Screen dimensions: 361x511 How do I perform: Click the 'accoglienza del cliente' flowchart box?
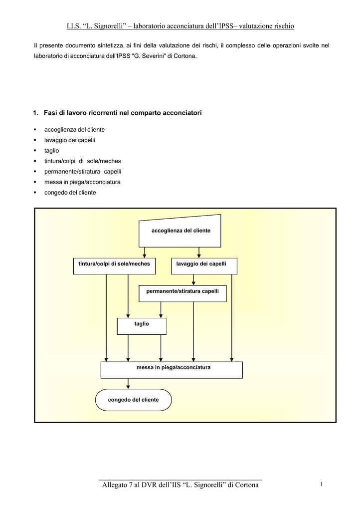[180, 231]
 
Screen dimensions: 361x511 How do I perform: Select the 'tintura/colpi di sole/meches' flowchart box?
[114, 266]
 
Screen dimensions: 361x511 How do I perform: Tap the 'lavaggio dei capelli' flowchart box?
[204, 266]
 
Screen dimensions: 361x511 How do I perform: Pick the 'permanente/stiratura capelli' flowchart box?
[182, 293]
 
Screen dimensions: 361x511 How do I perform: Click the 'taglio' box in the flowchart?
[142, 326]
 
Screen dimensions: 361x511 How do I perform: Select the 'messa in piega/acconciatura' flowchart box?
[172, 370]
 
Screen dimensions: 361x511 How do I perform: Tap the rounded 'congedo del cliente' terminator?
[134, 400]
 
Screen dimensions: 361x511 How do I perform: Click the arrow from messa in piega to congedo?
[128, 384]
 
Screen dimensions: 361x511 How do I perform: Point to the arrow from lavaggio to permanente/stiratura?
[193, 280]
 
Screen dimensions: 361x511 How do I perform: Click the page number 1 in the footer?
[321, 484]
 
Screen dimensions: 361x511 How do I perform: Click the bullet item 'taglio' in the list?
[52, 151]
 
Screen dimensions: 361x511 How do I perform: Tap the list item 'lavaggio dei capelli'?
[70, 140]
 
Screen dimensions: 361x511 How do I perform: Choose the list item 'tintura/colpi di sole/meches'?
[83, 161]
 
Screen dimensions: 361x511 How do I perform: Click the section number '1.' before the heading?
[36, 113]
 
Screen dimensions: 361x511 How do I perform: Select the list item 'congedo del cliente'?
[70, 193]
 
